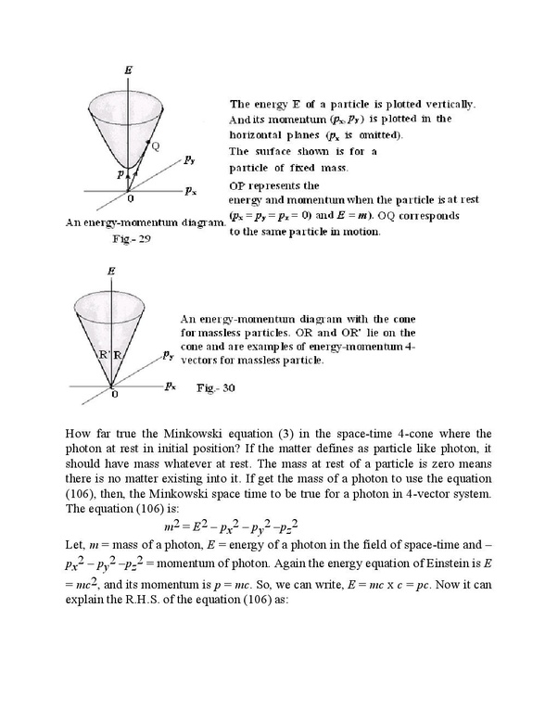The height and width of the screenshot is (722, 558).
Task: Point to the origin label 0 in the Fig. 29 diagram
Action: click(x=129, y=198)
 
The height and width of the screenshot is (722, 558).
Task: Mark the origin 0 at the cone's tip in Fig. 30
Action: click(x=115, y=395)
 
